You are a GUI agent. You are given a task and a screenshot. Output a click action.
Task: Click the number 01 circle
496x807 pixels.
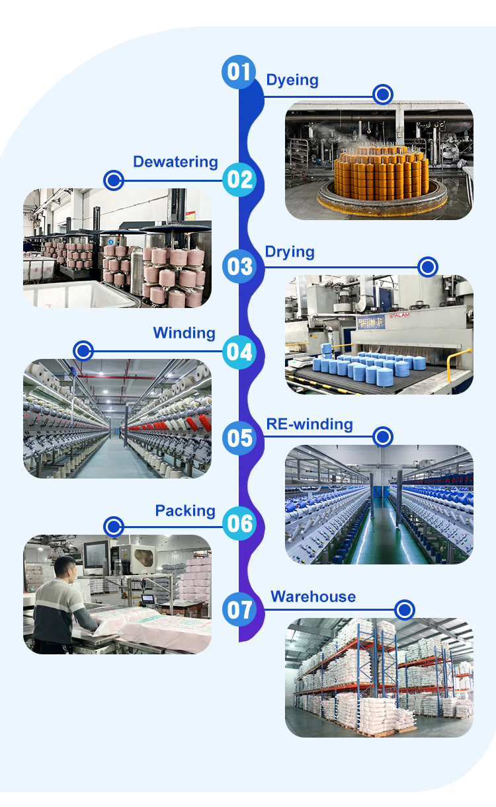pos(239,72)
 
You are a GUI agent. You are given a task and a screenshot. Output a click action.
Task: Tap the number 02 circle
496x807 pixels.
pos(239,179)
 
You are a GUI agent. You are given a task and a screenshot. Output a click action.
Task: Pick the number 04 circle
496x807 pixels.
pos(239,352)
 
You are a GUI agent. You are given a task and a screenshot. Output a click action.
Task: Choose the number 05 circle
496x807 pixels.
pos(239,438)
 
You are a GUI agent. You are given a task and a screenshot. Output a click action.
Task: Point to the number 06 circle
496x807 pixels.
pos(239,523)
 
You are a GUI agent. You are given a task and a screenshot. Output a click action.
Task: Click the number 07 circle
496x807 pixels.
pos(239,609)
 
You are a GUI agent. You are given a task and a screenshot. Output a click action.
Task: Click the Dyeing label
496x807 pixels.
pos(292,80)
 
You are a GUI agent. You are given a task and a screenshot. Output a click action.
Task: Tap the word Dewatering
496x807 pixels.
pos(175,162)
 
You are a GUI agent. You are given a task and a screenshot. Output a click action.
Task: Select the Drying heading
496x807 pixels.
pos(289,252)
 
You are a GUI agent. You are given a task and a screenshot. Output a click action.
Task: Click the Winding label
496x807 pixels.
pos(184,332)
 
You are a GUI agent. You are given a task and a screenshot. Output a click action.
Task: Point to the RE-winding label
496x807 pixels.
pos(309,424)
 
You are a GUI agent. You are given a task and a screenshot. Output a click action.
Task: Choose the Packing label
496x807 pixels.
pos(185,511)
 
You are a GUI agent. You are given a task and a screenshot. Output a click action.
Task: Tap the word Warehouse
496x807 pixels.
pos(313,597)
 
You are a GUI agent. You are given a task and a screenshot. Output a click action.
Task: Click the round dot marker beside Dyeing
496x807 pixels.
pos(383,95)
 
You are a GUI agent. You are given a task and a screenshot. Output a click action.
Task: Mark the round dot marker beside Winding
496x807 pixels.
pos(83,351)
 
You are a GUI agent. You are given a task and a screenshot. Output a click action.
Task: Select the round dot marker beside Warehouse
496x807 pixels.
pos(405,609)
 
